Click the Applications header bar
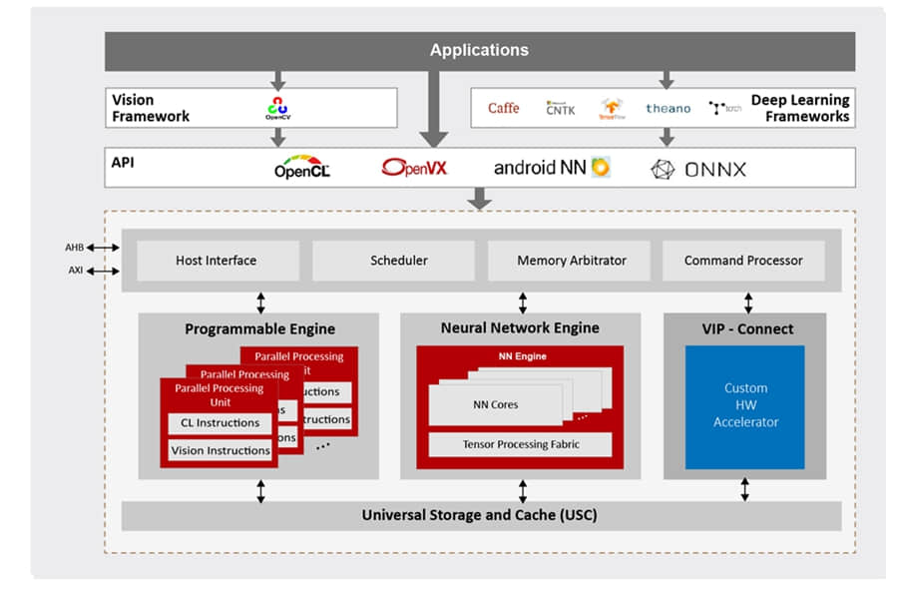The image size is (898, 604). point(479,50)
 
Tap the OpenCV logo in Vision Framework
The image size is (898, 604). point(277,108)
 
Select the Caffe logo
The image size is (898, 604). point(503,108)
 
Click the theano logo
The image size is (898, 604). point(668,108)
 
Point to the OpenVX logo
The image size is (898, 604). point(414,168)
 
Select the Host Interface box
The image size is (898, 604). point(217,261)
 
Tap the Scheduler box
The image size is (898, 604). point(399,261)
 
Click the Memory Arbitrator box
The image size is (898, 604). point(571,261)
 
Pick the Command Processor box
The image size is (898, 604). point(743,261)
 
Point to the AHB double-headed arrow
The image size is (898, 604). point(103,248)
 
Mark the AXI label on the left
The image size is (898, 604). point(75,272)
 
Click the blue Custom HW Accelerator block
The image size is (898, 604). point(744,406)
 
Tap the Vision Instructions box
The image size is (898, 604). point(220,450)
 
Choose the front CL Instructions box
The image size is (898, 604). point(220,423)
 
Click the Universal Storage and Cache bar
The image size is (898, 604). point(480,515)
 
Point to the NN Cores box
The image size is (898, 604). point(496,404)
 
